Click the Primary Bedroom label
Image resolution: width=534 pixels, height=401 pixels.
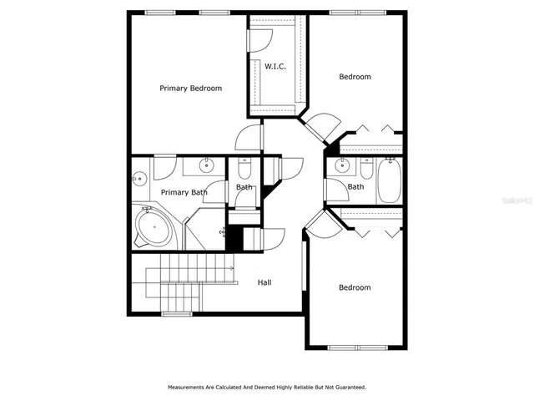tap(191, 88)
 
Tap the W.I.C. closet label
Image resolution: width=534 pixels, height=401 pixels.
tap(275, 66)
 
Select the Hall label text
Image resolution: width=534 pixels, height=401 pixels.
tap(264, 282)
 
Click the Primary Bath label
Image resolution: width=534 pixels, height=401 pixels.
tap(184, 192)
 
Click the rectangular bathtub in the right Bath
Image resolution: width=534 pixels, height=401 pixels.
tap(390, 181)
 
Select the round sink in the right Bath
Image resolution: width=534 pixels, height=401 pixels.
tap(340, 166)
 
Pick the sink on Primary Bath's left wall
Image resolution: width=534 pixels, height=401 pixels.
tap(139, 177)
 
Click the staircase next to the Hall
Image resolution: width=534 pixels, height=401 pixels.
tap(189, 282)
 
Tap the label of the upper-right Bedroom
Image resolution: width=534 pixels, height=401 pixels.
tap(355, 77)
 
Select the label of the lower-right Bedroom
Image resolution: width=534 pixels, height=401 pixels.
tap(355, 287)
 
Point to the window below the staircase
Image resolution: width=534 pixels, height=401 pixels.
tap(176, 314)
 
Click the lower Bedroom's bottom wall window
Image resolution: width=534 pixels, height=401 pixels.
tap(355, 347)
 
